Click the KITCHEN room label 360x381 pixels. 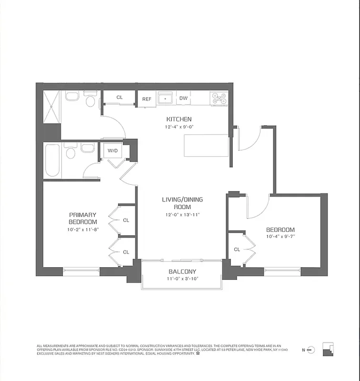[x=179, y=119]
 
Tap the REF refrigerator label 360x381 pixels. [x=147, y=99]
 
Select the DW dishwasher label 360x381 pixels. [x=183, y=99]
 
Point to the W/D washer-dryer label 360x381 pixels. [x=112, y=151]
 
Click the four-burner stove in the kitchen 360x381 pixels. [x=219, y=99]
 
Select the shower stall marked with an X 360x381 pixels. [x=51, y=106]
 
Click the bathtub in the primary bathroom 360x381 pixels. [x=52, y=160]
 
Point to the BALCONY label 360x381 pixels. [x=181, y=272]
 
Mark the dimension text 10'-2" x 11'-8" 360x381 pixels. [x=82, y=230]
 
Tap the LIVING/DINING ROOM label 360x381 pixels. [x=179, y=203]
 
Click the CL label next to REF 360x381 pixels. [x=120, y=97]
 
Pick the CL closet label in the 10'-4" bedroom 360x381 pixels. [x=237, y=250]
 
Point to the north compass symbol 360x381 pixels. [x=310, y=350]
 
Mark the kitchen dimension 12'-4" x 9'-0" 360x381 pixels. [x=179, y=127]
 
